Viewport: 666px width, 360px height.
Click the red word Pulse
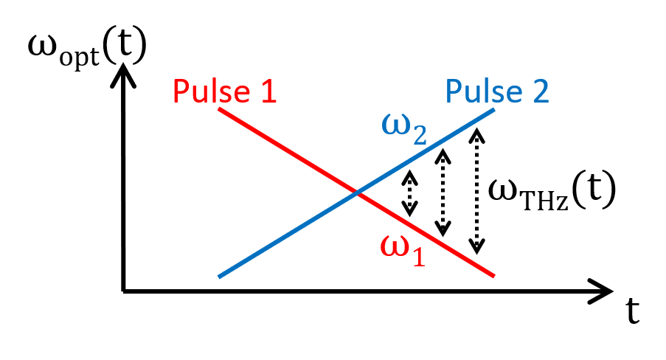pos(211,92)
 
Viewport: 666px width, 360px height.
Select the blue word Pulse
pos(483,91)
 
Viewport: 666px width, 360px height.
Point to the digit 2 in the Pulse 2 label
pos(539,91)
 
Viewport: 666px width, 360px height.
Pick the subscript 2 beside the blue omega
pos(420,135)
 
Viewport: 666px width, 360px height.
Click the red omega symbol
pos(395,246)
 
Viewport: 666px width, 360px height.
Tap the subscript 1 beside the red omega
pos(418,256)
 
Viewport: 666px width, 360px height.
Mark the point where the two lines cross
pos(357,193)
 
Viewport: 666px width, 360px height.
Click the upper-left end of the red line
pos(219,109)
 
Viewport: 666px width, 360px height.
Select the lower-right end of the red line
pos(493,276)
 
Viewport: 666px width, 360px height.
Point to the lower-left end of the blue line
pos(219,277)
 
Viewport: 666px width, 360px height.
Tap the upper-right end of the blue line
pos(493,110)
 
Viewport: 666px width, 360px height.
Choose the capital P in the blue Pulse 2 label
pos(453,91)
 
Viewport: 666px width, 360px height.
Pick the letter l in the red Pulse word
pos(213,92)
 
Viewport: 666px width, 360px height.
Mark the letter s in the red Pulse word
pos(225,94)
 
